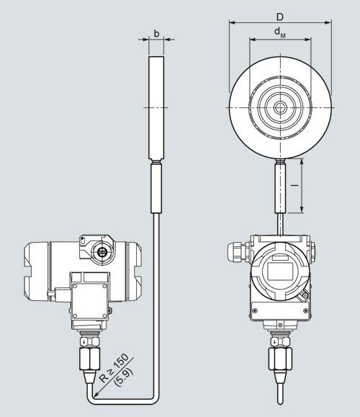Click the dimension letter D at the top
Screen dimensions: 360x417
[280, 17]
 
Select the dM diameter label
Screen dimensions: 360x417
[280, 32]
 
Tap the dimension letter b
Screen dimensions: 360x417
[157, 34]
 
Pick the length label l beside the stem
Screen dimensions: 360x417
[294, 185]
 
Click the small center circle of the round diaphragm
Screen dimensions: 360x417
[279, 108]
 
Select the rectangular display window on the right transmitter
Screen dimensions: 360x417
[279, 271]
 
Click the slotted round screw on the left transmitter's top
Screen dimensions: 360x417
[101, 251]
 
